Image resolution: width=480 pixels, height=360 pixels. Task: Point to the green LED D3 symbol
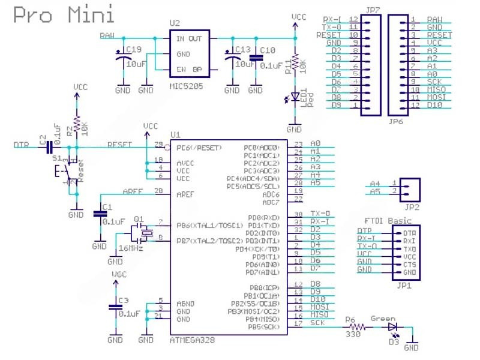coord(392,328)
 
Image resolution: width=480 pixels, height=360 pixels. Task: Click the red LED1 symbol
coord(294,97)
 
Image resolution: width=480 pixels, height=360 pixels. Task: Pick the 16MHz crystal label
coord(130,248)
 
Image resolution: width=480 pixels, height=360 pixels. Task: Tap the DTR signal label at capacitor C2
coord(22,145)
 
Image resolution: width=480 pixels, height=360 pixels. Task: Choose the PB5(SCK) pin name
coord(263,327)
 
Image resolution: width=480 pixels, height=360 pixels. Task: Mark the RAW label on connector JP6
coord(435,20)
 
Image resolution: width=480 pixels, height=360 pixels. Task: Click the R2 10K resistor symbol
coord(76,128)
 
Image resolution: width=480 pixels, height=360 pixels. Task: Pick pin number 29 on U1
coord(158,145)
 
